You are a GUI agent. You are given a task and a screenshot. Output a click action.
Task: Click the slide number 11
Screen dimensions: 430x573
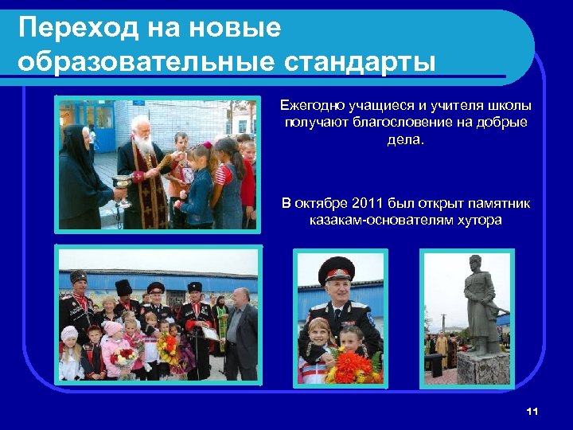pos(532,411)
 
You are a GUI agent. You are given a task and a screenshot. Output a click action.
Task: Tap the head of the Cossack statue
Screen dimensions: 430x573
pos(475,264)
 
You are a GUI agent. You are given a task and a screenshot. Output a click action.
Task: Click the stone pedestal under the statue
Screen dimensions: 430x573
pos(480,367)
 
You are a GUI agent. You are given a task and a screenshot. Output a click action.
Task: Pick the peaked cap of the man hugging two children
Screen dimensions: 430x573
pos(335,271)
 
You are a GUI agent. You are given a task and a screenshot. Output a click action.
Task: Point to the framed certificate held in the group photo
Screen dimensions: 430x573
pos(210,334)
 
